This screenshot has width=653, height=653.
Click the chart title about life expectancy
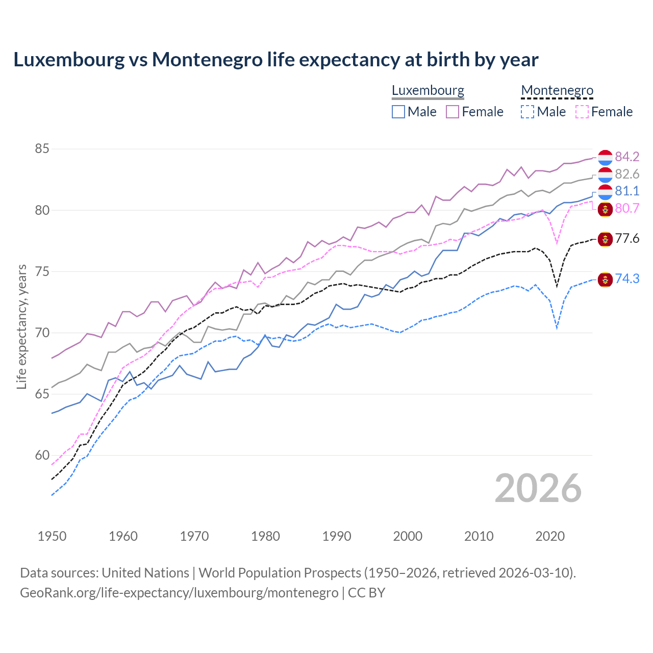pyautogui.click(x=275, y=60)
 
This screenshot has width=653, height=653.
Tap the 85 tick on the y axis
pyautogui.click(x=42, y=149)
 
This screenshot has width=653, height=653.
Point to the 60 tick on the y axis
pyautogui.click(x=42, y=455)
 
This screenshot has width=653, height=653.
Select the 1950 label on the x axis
pyautogui.click(x=52, y=536)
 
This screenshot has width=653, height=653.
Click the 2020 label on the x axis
pyautogui.click(x=550, y=536)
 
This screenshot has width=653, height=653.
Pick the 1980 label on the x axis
pyautogui.click(x=265, y=536)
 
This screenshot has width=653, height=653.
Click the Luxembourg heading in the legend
pyautogui.click(x=428, y=91)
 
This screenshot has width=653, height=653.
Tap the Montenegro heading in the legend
pyautogui.click(x=557, y=91)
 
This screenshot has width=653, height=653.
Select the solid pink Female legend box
pyautogui.click(x=453, y=112)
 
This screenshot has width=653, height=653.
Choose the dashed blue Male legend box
pyautogui.click(x=528, y=112)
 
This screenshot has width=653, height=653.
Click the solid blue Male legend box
pyautogui.click(x=398, y=112)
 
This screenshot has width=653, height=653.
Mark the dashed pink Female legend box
pyautogui.click(x=582, y=112)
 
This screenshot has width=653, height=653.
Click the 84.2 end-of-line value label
pyautogui.click(x=627, y=157)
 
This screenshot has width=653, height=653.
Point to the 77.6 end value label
pyautogui.click(x=627, y=239)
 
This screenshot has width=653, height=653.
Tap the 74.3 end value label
pyautogui.click(x=627, y=279)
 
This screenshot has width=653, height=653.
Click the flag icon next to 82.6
pyautogui.click(x=605, y=174)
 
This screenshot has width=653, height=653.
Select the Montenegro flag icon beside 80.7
pyautogui.click(x=605, y=209)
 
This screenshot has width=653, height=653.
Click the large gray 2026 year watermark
pyautogui.click(x=538, y=488)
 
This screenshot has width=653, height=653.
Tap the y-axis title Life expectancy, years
pyautogui.click(x=22, y=326)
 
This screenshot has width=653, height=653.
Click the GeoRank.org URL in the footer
pyautogui.click(x=179, y=593)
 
